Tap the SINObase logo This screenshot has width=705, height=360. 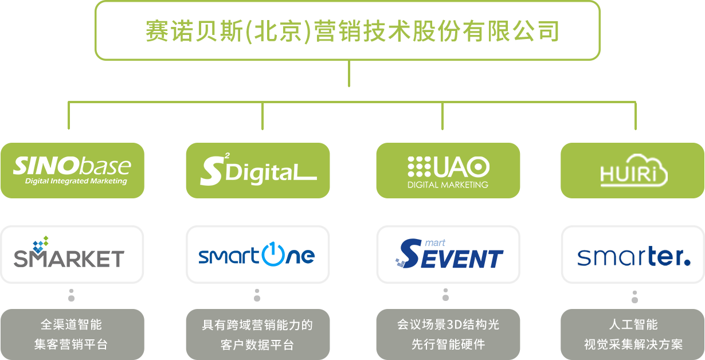coord(72,170)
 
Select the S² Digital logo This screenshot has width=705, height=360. coord(258,170)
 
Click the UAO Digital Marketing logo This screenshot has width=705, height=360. coord(448,170)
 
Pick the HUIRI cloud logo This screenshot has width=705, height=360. coord(633,170)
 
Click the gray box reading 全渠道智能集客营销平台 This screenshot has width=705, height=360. coord(72,334)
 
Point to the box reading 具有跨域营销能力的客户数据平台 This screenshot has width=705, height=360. coord(258,334)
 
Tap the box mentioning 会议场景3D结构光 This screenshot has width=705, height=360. coord(448,334)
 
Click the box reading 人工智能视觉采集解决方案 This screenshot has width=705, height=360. coord(633,334)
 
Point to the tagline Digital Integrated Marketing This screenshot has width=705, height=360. coord(76,182)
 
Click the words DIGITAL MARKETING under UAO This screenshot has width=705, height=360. coord(448,185)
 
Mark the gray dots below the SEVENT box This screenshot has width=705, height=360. coord(445,295)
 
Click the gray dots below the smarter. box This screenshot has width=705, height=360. coord(634,296)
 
